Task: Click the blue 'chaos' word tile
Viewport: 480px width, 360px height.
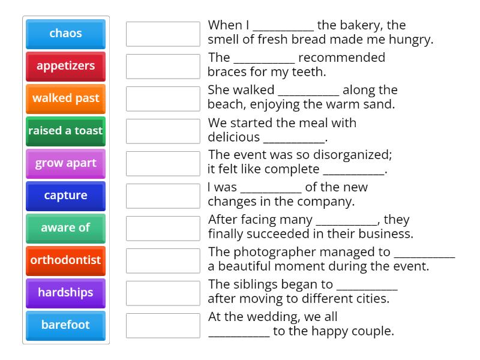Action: tap(65, 34)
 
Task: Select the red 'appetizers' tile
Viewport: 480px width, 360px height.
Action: tap(65, 66)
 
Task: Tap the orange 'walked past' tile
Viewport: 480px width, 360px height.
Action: tap(65, 98)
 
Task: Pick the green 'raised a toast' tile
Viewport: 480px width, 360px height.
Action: tap(65, 131)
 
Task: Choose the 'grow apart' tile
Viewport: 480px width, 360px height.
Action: tap(65, 163)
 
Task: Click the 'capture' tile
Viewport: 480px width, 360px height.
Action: tap(65, 196)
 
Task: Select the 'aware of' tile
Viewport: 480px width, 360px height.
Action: tap(65, 228)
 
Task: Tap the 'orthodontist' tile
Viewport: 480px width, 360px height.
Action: tap(65, 260)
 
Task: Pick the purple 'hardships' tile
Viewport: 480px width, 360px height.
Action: tap(65, 293)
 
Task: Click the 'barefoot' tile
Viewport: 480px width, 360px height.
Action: tap(65, 325)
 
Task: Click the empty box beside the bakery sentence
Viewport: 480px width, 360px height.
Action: tap(163, 34)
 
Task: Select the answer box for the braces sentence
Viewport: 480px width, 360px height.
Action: tap(163, 66)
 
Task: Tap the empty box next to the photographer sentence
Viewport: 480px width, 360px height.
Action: tap(163, 260)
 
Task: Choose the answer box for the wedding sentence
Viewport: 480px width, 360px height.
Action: tap(163, 325)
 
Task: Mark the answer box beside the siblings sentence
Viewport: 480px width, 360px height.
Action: tap(163, 293)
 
